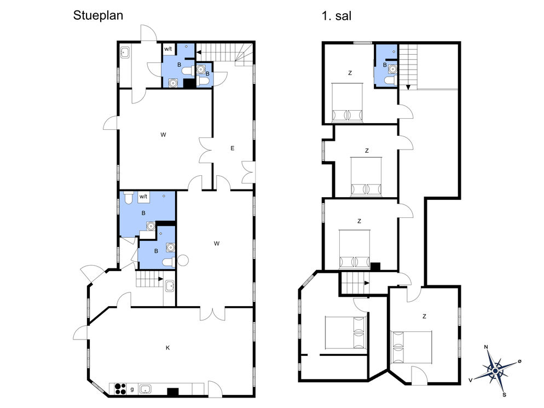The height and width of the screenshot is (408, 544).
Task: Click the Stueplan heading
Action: (x=98, y=16)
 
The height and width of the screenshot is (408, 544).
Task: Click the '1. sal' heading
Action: (x=336, y=16)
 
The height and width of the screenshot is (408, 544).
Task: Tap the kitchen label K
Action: (x=167, y=348)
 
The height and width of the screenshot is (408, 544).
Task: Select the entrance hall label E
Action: (x=232, y=148)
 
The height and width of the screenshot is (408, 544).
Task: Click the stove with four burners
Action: (x=120, y=388)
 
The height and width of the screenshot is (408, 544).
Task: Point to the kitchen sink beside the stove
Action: (x=144, y=389)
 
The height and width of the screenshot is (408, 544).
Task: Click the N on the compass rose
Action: (x=486, y=347)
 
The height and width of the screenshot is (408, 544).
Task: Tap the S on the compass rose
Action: (x=505, y=394)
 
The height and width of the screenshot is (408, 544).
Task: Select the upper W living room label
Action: (x=163, y=135)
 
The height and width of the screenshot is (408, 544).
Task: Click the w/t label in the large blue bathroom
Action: (x=143, y=197)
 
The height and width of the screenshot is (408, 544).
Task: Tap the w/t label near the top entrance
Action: (x=168, y=49)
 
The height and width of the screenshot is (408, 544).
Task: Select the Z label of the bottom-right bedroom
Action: (x=424, y=317)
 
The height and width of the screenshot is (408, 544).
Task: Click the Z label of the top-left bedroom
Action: (x=350, y=73)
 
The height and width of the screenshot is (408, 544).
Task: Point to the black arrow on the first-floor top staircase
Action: (x=408, y=87)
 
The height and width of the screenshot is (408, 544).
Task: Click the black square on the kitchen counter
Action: (x=173, y=392)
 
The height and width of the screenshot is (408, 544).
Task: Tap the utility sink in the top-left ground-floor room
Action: (x=125, y=53)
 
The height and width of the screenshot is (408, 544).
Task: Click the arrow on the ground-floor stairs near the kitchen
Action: (x=161, y=279)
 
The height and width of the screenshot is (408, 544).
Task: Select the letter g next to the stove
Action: (x=132, y=389)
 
